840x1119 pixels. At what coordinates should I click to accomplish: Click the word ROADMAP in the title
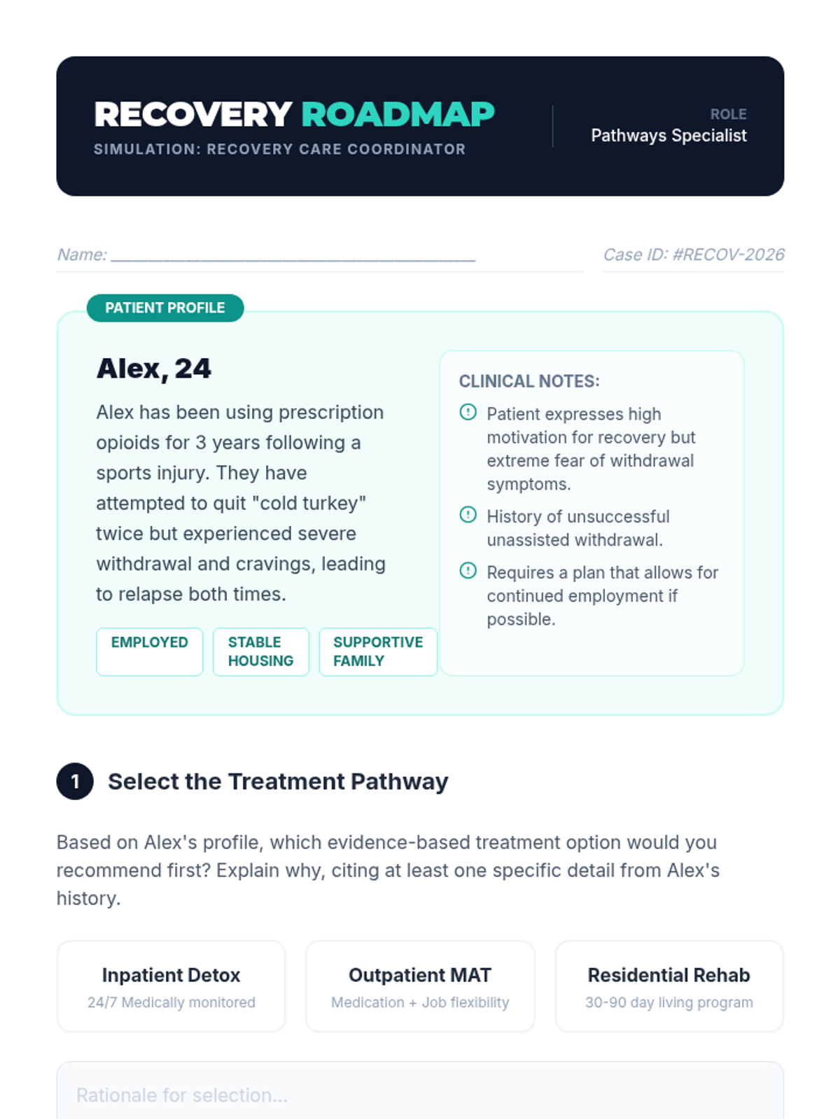click(398, 115)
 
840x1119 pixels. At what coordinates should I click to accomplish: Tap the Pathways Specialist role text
click(668, 136)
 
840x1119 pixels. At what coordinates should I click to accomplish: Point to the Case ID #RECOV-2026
click(693, 255)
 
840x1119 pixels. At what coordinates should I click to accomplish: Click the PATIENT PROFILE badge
click(165, 308)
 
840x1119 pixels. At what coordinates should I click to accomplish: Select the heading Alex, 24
click(154, 369)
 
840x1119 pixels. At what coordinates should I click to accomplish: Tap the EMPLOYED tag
click(149, 650)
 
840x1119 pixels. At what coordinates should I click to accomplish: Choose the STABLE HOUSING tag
click(260, 651)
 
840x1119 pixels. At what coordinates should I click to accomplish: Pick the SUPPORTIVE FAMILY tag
click(378, 651)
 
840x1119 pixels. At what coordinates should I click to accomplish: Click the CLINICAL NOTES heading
click(529, 381)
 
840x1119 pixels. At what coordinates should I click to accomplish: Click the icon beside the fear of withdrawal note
click(468, 413)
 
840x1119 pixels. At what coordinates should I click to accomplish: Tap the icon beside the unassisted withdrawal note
click(468, 515)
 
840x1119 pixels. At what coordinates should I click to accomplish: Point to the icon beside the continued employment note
click(468, 571)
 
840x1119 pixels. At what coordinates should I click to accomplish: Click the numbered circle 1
click(75, 781)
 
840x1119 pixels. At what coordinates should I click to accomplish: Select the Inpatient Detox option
click(171, 986)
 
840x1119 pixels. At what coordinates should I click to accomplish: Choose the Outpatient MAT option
click(420, 986)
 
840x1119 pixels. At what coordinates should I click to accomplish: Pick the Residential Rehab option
click(668, 986)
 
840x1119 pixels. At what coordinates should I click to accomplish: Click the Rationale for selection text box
click(420, 1095)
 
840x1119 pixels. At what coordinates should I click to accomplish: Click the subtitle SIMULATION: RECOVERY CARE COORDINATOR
click(279, 149)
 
